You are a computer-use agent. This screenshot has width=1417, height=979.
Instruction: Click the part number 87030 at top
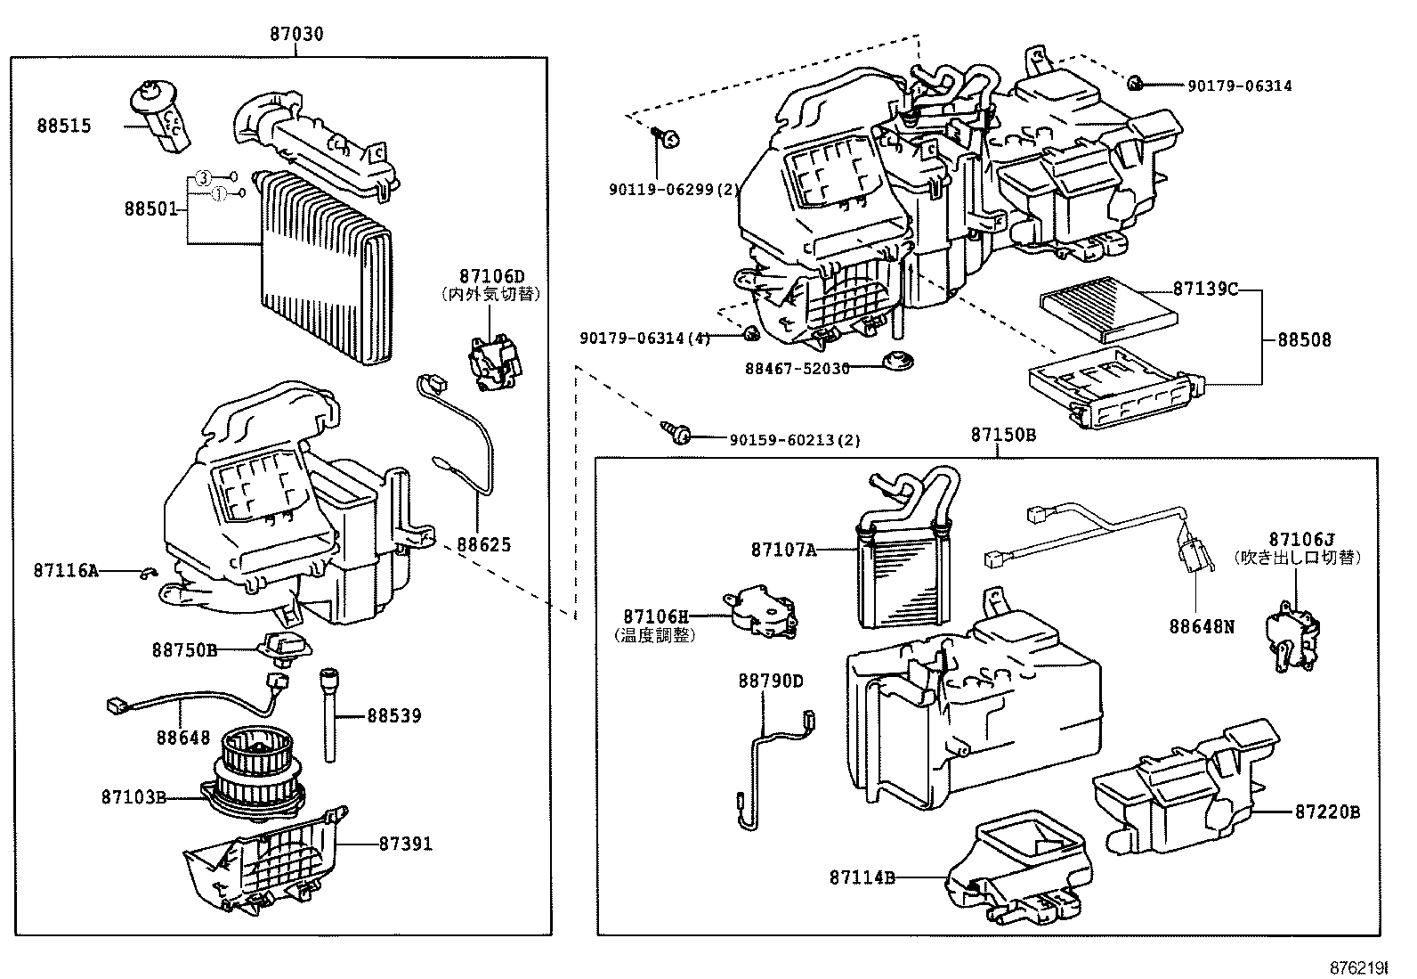click(296, 34)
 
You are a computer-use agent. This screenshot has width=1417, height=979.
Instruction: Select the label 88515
click(64, 126)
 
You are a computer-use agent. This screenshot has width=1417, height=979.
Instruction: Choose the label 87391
click(405, 843)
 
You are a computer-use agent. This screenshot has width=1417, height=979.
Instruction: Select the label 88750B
click(184, 650)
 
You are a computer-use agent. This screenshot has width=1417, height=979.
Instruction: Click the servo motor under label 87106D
click(494, 361)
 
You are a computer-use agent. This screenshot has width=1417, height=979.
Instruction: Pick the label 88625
click(484, 544)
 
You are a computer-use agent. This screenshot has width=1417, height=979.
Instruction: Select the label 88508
click(1305, 339)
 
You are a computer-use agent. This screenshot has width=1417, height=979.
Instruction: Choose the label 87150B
click(1002, 435)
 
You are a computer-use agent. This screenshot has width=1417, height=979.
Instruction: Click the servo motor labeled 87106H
click(762, 612)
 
